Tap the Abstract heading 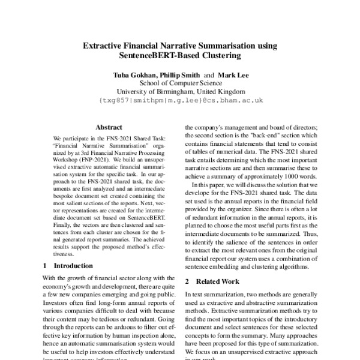click(x=109, y=127)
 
